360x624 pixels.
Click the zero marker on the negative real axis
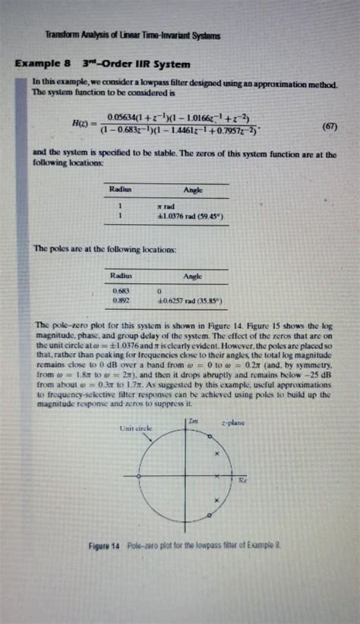pos(138,476)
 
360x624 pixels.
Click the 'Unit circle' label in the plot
pos(136,428)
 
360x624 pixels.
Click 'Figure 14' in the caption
pos(106,545)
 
